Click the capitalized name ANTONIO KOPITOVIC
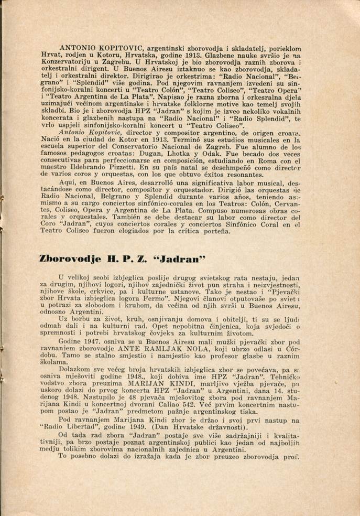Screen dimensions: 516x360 [x=92, y=48]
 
